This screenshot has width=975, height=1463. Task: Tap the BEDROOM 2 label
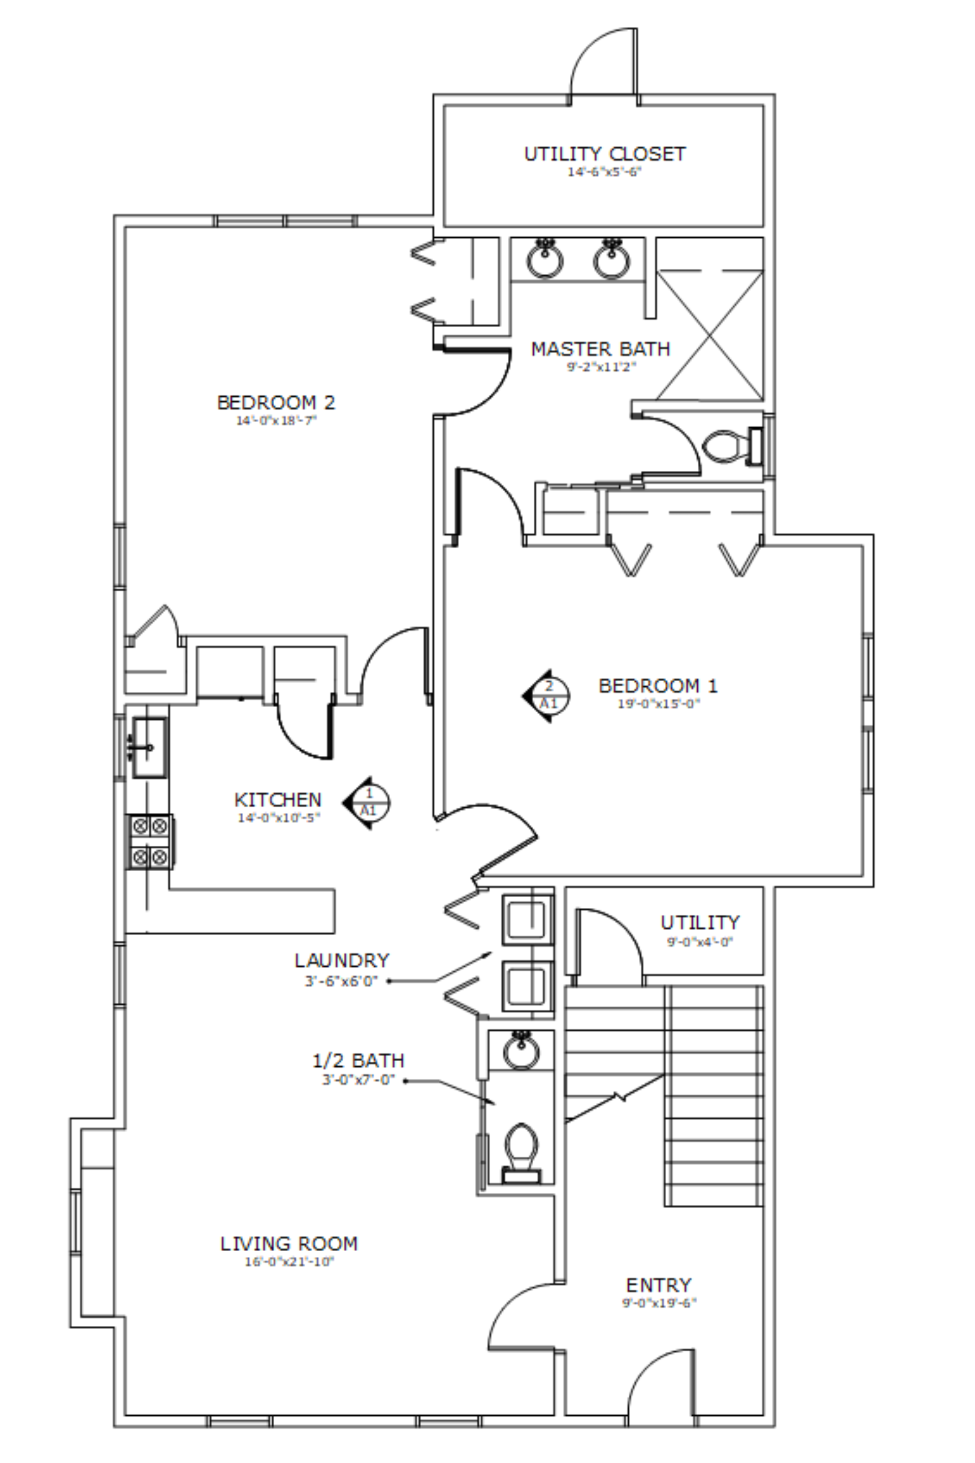276,402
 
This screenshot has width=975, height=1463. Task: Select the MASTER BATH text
601,349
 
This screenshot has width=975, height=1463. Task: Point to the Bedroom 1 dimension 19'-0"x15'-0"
659,704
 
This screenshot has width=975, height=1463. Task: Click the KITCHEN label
278,799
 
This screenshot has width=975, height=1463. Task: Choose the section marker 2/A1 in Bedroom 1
546,695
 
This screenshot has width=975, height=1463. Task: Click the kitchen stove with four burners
150,841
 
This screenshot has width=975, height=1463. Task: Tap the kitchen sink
149,747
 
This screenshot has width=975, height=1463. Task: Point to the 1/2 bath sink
521,1050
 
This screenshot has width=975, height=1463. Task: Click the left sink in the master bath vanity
545,258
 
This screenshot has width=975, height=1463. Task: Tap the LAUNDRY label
342,961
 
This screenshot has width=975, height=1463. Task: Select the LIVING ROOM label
289,1244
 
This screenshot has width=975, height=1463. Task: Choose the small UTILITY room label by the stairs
700,922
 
